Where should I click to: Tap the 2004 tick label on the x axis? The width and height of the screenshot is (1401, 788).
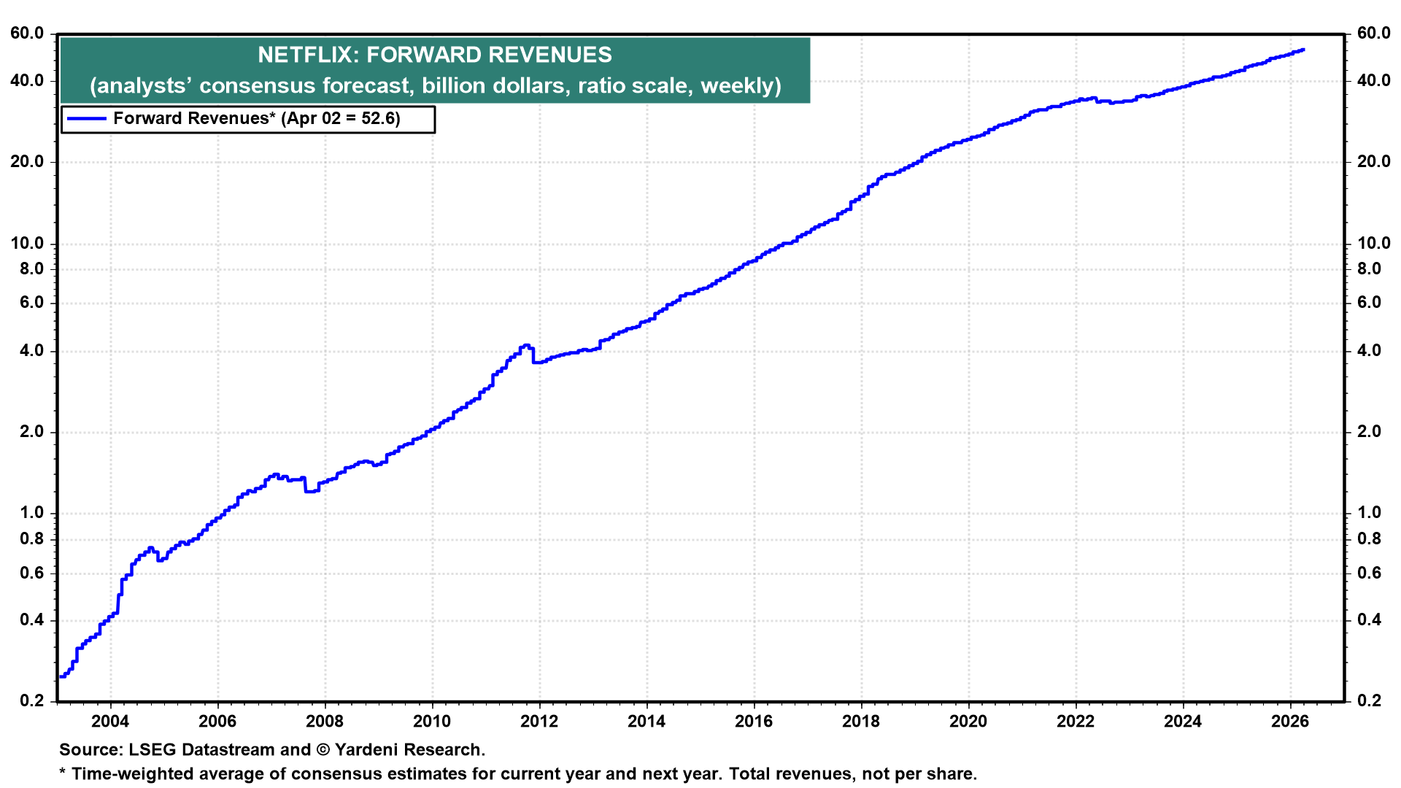(x=110, y=722)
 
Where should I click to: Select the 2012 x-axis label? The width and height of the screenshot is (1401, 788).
(x=539, y=722)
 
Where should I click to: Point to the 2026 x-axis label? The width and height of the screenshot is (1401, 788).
(x=1290, y=722)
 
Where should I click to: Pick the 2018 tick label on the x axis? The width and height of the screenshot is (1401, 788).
(x=861, y=722)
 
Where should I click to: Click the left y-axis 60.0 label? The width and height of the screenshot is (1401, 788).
(x=27, y=34)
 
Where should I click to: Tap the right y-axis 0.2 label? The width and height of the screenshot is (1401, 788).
(x=1369, y=701)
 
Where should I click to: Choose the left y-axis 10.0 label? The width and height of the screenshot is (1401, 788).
(x=27, y=244)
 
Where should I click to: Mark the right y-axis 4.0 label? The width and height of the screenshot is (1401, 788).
(x=1369, y=351)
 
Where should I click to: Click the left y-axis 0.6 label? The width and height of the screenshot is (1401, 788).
(x=31, y=573)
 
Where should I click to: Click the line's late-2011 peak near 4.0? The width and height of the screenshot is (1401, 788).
(x=525, y=346)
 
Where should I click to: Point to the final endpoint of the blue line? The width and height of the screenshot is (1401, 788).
(x=1303, y=50)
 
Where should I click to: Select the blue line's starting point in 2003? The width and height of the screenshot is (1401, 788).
(x=61, y=676)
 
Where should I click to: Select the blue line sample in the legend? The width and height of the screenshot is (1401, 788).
(x=86, y=119)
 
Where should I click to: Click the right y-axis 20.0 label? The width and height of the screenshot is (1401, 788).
(x=1373, y=162)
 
